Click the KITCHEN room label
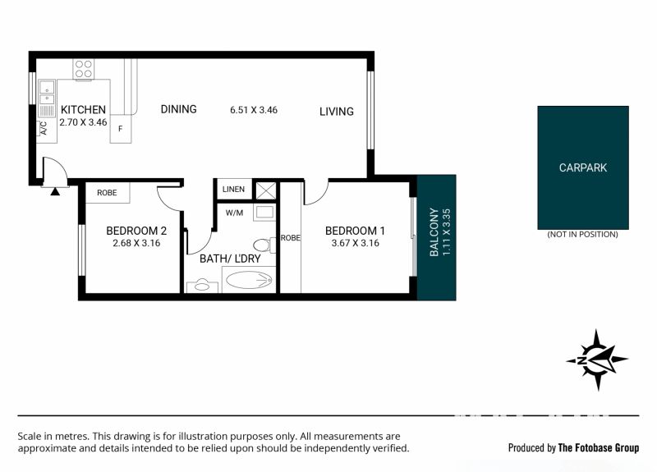[x=83, y=110]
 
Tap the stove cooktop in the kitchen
[x=84, y=69]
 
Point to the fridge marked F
[x=121, y=129]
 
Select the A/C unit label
[x=44, y=128]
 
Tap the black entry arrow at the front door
[x=55, y=192]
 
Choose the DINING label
[x=178, y=109]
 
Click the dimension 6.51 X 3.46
[x=254, y=110]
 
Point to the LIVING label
[x=337, y=112]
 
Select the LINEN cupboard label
[x=233, y=190]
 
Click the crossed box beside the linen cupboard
[x=265, y=190]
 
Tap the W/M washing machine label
[x=234, y=213]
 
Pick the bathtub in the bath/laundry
[x=249, y=280]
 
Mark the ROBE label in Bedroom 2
[x=107, y=193]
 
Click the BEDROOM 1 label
[x=355, y=231]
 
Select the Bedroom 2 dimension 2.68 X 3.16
[x=136, y=243]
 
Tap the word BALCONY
[x=434, y=232]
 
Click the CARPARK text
[x=583, y=168]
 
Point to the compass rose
[x=597, y=360]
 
